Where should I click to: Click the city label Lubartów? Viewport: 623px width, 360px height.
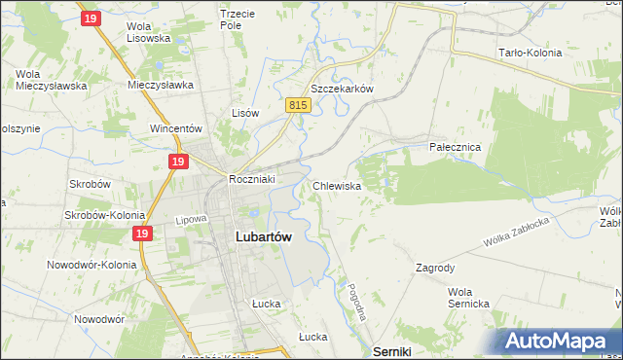[x=265, y=235]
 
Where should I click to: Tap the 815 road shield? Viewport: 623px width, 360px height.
[x=299, y=105]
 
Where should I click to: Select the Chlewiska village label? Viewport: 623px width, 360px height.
[x=339, y=185]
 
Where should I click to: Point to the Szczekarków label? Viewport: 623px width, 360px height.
[x=342, y=88]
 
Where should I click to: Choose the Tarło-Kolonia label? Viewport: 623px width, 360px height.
[x=530, y=54]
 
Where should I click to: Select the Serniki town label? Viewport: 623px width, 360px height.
[x=394, y=350]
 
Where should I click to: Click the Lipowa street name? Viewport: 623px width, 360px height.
[x=193, y=220]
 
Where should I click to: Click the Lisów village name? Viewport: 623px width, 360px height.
[x=245, y=113]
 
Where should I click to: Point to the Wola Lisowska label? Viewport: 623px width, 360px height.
[x=149, y=32]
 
